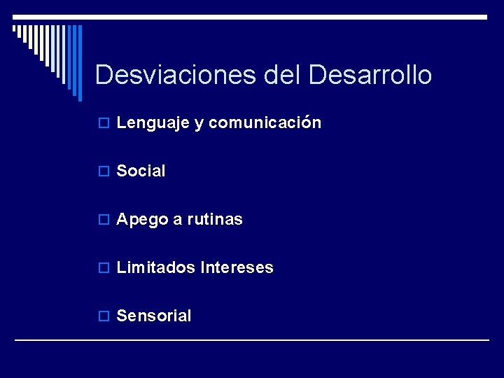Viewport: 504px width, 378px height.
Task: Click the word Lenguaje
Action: tap(152, 123)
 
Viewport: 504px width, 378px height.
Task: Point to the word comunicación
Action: tap(265, 123)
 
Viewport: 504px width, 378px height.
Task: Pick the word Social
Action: tap(141, 171)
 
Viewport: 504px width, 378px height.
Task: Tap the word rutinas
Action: tap(215, 220)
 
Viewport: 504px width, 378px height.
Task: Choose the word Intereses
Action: tap(237, 267)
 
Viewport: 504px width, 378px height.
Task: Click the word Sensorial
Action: tap(154, 316)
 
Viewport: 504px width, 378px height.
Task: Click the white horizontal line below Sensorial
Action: tap(252, 340)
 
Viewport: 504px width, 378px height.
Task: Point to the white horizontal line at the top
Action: tap(252, 17)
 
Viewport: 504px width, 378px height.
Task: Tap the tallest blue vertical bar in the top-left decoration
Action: tap(79, 59)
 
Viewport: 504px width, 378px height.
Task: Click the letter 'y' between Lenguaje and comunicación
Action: tap(198, 124)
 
